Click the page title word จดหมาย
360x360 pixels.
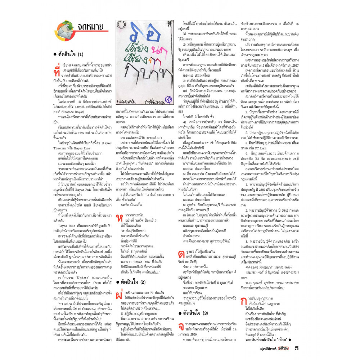click(x=90, y=27)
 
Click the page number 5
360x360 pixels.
click(x=296, y=348)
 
